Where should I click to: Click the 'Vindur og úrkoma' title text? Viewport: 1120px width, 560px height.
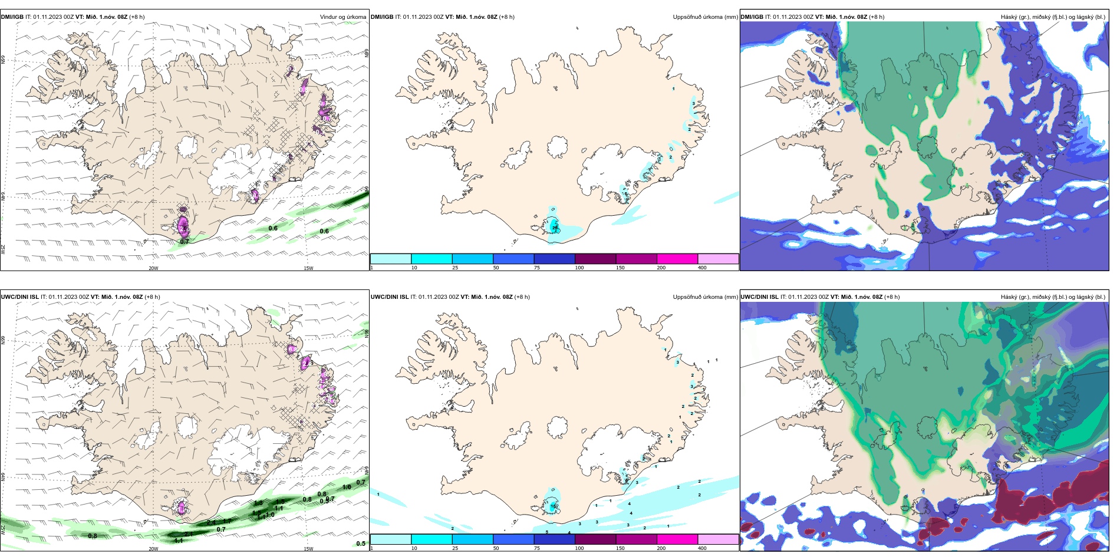coord(342,17)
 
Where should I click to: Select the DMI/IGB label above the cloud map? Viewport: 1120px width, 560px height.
coord(752,17)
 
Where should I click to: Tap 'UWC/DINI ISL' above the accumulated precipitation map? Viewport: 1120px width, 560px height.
coord(390,297)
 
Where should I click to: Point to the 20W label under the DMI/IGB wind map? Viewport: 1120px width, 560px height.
coord(153,268)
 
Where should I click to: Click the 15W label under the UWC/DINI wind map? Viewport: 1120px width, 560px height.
coord(308,549)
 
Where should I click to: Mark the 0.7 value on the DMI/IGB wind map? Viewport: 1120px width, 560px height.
coord(185,242)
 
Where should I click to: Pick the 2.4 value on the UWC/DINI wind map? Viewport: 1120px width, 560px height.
coord(211,522)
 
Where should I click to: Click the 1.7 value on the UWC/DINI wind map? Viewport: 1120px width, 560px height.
coord(227,521)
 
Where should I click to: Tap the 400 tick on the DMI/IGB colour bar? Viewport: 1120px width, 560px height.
coord(702,268)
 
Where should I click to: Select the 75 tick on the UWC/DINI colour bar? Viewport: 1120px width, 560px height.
coord(537,548)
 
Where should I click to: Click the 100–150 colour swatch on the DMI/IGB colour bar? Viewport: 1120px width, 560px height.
coord(595,259)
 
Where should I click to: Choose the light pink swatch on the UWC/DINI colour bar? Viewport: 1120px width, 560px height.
coord(718,539)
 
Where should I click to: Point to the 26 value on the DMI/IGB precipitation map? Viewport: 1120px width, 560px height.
coord(555,228)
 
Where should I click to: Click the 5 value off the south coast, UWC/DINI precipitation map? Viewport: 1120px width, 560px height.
coord(547,532)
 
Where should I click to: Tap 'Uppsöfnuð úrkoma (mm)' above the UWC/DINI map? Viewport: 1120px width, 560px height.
coord(705,297)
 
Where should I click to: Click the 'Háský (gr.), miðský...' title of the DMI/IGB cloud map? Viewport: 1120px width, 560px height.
coord(1053,17)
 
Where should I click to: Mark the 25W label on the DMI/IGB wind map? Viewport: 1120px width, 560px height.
coord(4,249)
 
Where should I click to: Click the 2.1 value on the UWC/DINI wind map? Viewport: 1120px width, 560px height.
coord(189,534)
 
